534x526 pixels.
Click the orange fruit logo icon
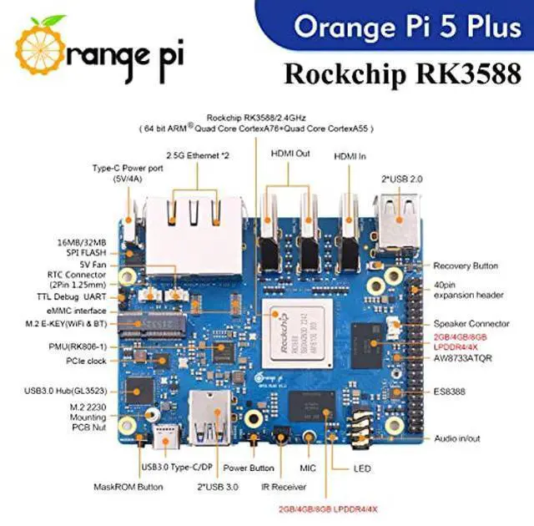pos(43,46)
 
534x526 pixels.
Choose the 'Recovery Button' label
pos(466,266)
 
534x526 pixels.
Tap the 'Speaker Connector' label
pos(470,323)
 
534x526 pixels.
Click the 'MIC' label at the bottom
pos(309,468)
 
